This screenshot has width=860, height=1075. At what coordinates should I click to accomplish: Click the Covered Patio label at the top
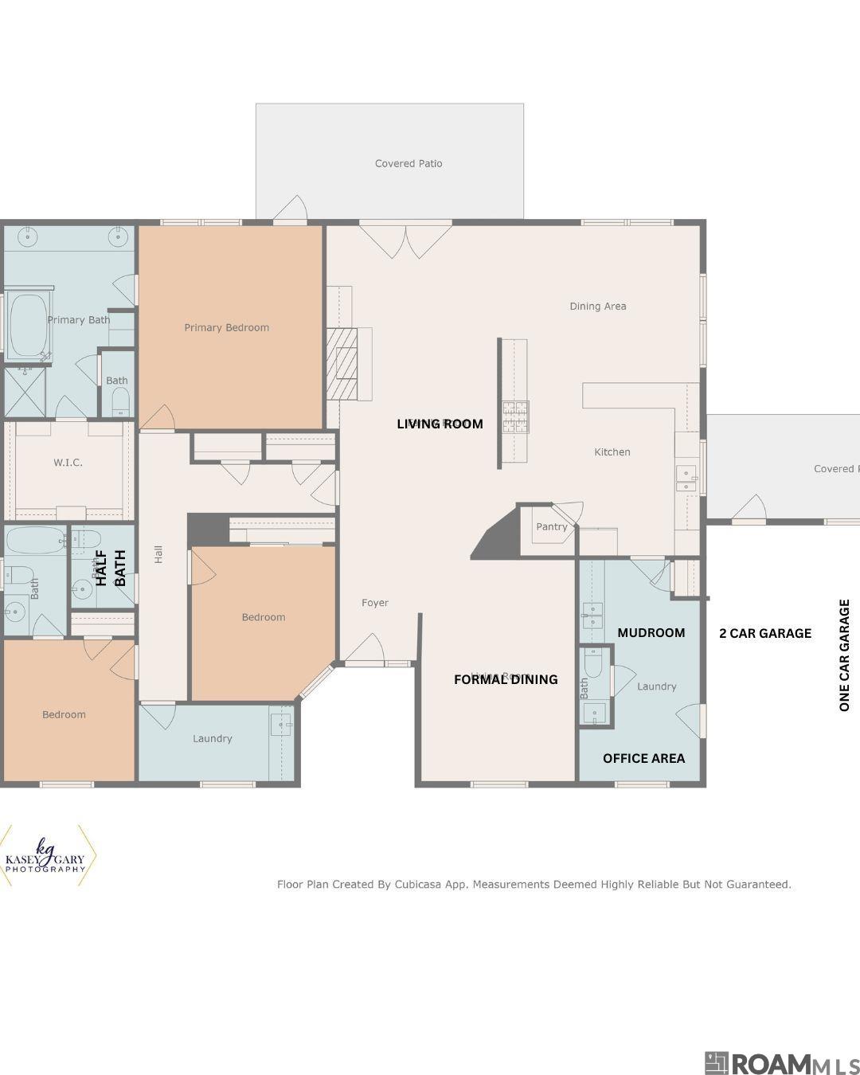pyautogui.click(x=408, y=163)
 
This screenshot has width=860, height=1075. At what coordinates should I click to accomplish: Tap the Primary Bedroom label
pyautogui.click(x=226, y=327)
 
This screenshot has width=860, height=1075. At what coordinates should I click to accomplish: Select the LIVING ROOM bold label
pyautogui.click(x=440, y=424)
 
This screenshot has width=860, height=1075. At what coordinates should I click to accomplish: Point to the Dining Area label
pyautogui.click(x=597, y=306)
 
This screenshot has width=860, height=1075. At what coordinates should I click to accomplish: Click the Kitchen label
pyautogui.click(x=612, y=451)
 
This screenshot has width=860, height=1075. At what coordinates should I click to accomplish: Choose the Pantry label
pyautogui.click(x=551, y=526)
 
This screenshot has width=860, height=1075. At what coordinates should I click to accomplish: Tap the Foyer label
pyautogui.click(x=375, y=603)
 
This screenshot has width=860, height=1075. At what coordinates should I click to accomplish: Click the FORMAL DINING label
pyautogui.click(x=506, y=679)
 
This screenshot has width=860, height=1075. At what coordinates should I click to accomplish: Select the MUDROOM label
pyautogui.click(x=651, y=633)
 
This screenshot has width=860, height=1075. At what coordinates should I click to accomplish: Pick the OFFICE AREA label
pyautogui.click(x=643, y=758)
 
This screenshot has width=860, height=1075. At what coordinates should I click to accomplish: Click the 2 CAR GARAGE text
pyautogui.click(x=765, y=633)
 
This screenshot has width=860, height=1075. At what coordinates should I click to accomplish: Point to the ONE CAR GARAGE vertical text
pyautogui.click(x=845, y=655)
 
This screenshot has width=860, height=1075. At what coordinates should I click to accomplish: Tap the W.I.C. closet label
pyautogui.click(x=68, y=462)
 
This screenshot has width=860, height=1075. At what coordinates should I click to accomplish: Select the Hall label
pyautogui.click(x=158, y=554)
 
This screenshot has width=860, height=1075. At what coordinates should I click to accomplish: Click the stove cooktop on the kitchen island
pyautogui.click(x=514, y=417)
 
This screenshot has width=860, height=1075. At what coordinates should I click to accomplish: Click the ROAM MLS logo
pyautogui.click(x=780, y=1063)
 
